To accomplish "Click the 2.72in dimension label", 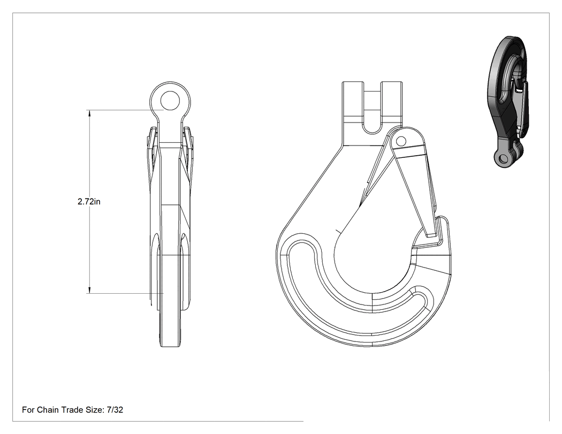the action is (x=89, y=202).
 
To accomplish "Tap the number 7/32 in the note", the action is (x=115, y=409).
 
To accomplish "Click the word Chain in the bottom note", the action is (x=48, y=409).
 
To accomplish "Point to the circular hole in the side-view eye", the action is (x=170, y=101).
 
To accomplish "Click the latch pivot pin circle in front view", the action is (x=401, y=141).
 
